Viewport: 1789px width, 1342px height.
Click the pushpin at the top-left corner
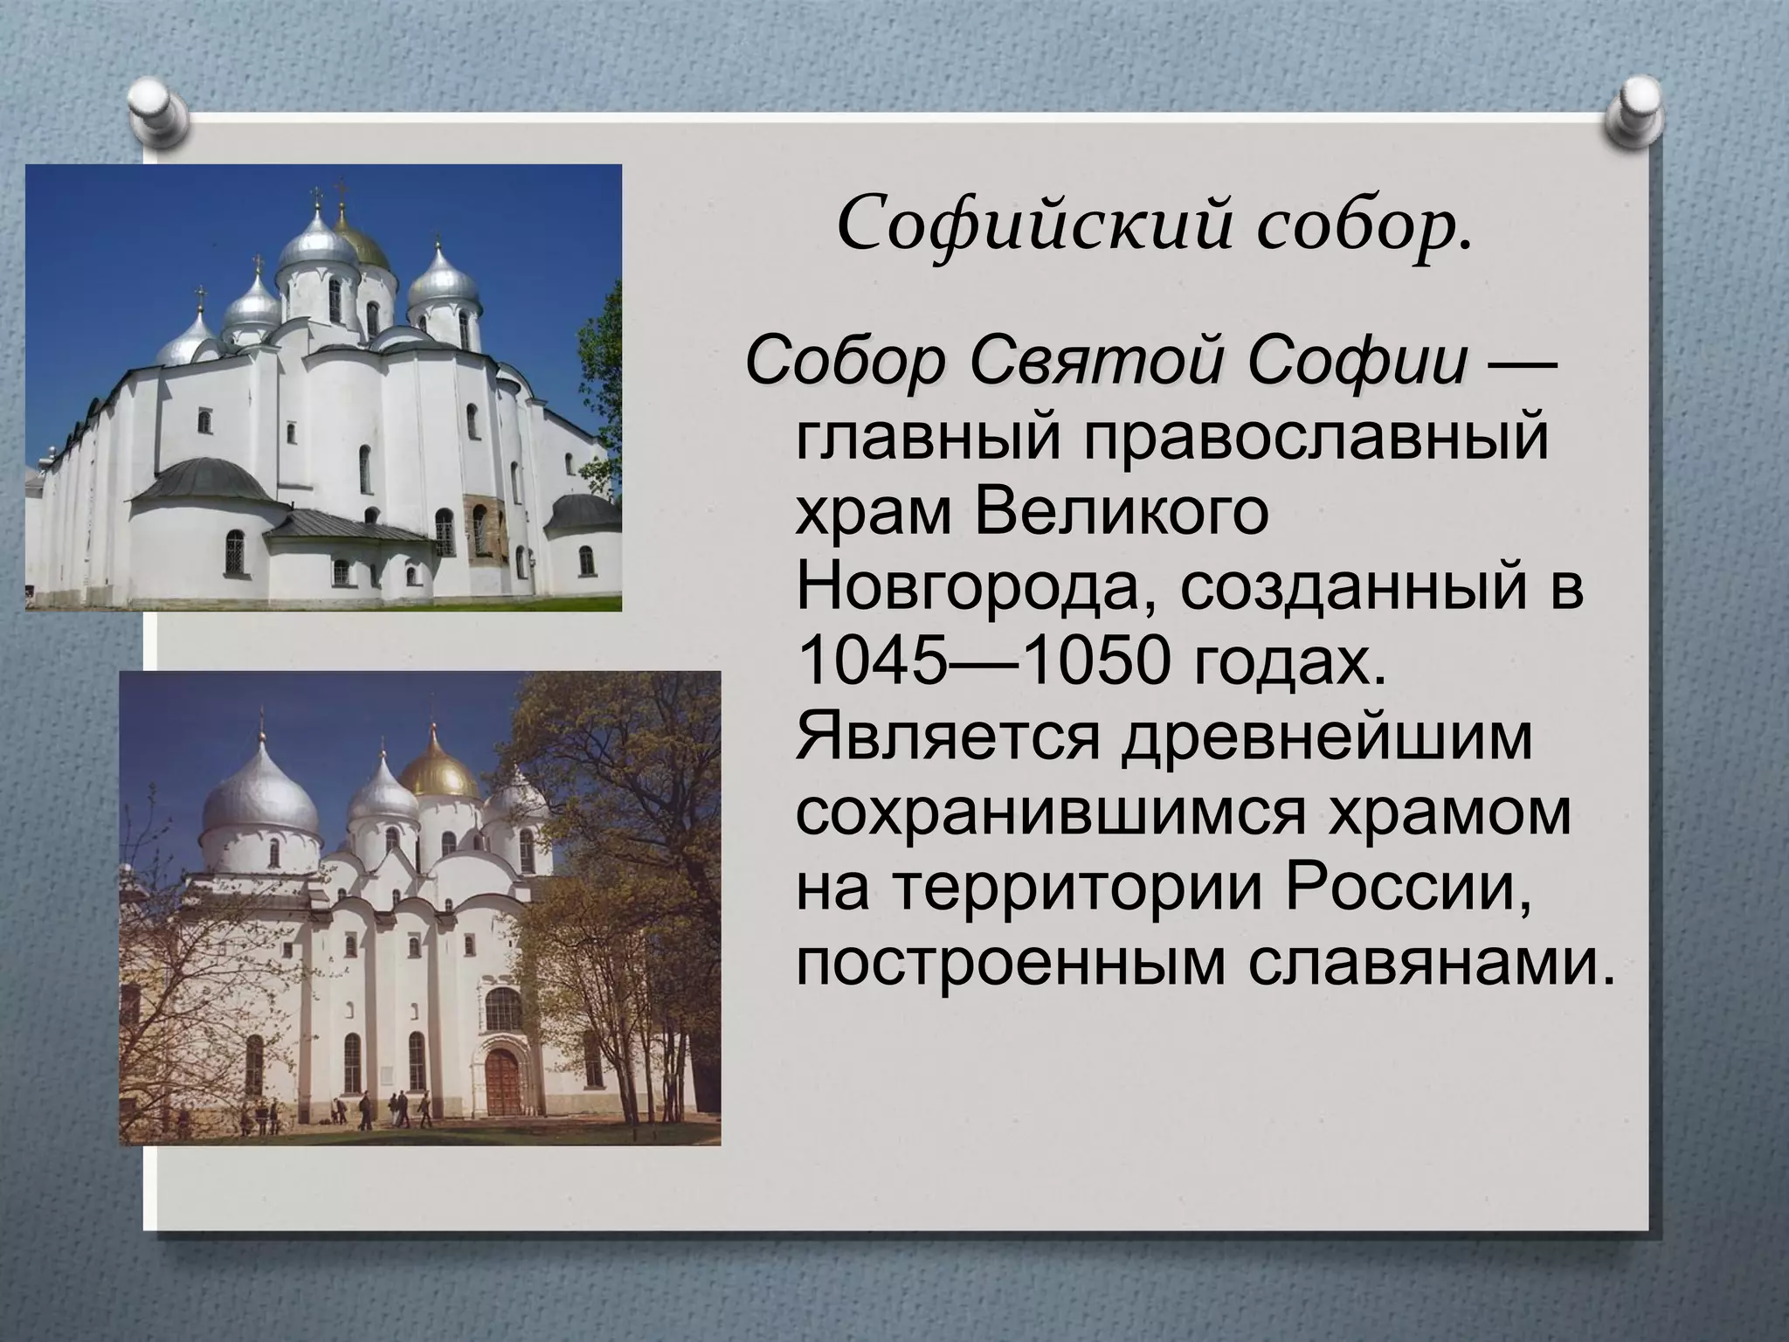pyautogui.click(x=160, y=110)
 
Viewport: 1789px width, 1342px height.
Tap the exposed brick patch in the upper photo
pyautogui.click(x=477, y=525)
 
